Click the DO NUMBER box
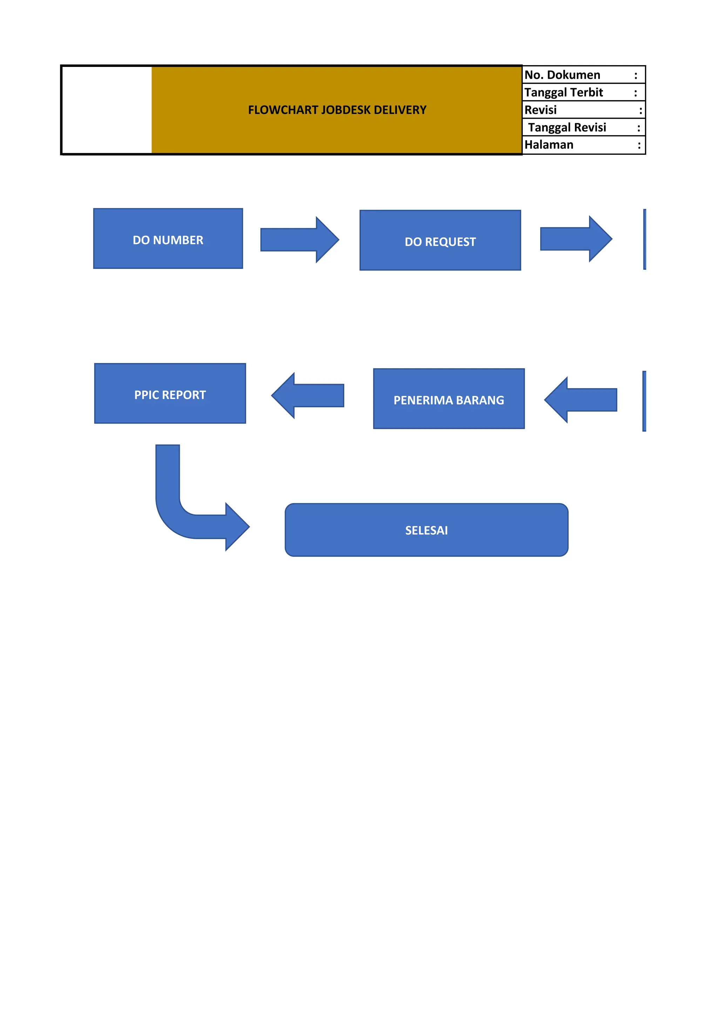click(x=168, y=239)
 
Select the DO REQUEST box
click(x=440, y=240)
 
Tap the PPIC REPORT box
click(x=170, y=393)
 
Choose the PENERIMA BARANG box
click(x=449, y=399)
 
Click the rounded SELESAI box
click(x=426, y=530)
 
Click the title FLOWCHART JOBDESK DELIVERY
click(x=337, y=110)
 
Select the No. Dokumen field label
click(x=562, y=75)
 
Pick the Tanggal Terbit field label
click(x=564, y=92)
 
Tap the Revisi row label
click(x=541, y=110)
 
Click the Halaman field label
click(x=549, y=145)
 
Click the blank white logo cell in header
click(x=107, y=110)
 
